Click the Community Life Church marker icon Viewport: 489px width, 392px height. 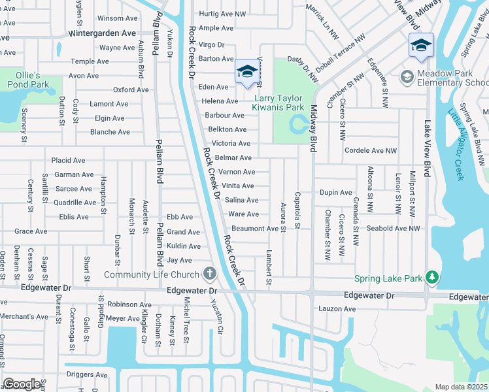coord(209,273)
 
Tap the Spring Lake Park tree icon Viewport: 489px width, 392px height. coord(431,278)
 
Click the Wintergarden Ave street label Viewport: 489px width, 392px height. coord(102,33)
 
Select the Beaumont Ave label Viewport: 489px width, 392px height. coord(255,229)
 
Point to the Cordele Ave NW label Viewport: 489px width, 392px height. coord(371,150)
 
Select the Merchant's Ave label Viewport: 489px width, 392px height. coord(24,317)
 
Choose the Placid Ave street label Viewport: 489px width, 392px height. coord(69,160)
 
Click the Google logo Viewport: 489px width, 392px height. coord(22,384)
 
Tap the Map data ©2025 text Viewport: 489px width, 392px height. coord(461,387)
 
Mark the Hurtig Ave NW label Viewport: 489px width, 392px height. coord(222,14)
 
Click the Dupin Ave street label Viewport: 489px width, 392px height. coord(335,193)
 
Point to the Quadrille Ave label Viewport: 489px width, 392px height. coord(75,203)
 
